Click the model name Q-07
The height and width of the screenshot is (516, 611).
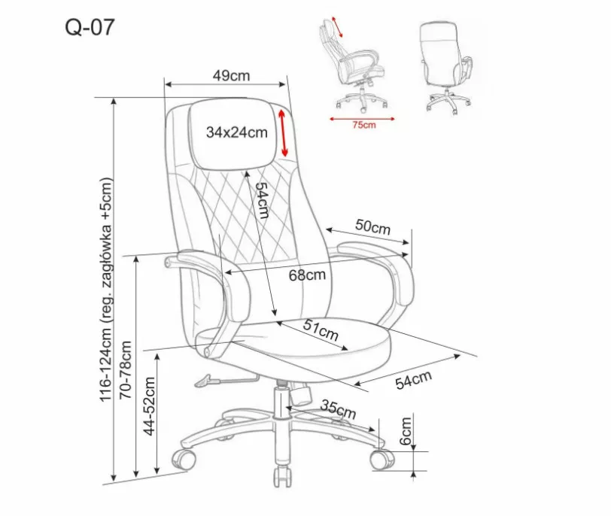pyautogui.click(x=90, y=27)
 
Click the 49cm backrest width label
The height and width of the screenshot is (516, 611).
pyautogui.click(x=231, y=75)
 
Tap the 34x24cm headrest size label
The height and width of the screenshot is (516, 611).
pyautogui.click(x=236, y=132)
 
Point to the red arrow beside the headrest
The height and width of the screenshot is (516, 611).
pyautogui.click(x=283, y=133)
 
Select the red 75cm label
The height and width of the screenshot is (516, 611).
pyautogui.click(x=364, y=125)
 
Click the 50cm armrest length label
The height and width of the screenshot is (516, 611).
pyautogui.click(x=372, y=226)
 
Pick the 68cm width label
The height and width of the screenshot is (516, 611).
pyautogui.click(x=307, y=275)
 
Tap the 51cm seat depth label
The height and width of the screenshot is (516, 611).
pyautogui.click(x=321, y=330)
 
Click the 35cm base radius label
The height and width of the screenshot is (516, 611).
pyautogui.click(x=338, y=408)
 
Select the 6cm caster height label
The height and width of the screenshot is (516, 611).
pyautogui.click(x=406, y=431)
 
